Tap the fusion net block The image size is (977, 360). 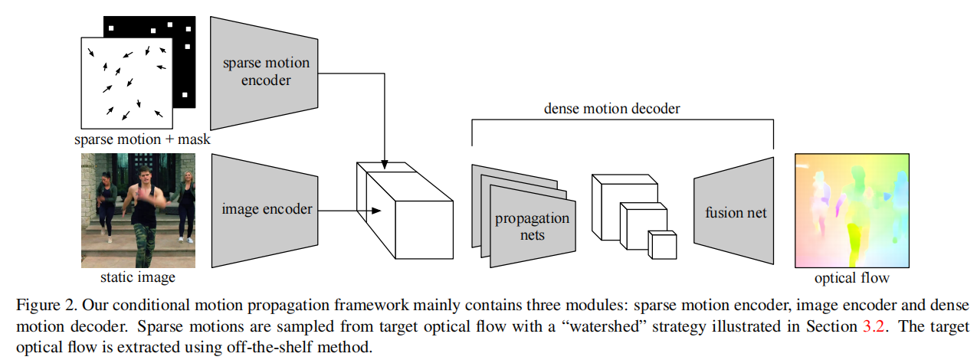735,212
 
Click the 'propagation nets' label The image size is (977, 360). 532,226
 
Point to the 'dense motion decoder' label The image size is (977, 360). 611,109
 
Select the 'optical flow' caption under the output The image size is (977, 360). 852,278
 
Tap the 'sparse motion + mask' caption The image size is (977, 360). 142,140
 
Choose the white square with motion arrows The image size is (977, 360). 127,82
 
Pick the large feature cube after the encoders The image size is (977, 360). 406,212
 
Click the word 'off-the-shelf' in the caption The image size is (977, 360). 257,348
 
